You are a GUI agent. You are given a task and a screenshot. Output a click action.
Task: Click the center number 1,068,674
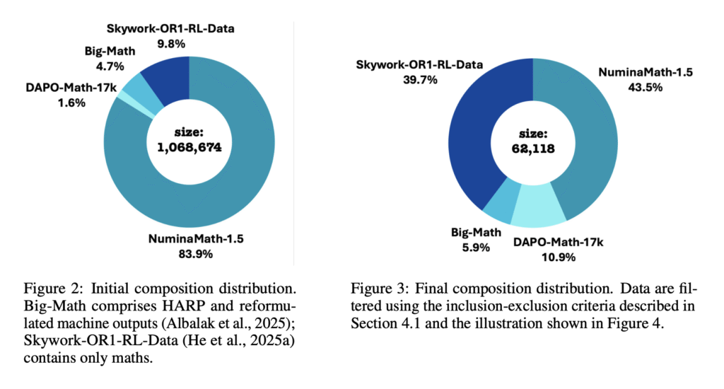pos(189,146)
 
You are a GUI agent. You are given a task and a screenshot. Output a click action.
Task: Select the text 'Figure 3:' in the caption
pos(378,290)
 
